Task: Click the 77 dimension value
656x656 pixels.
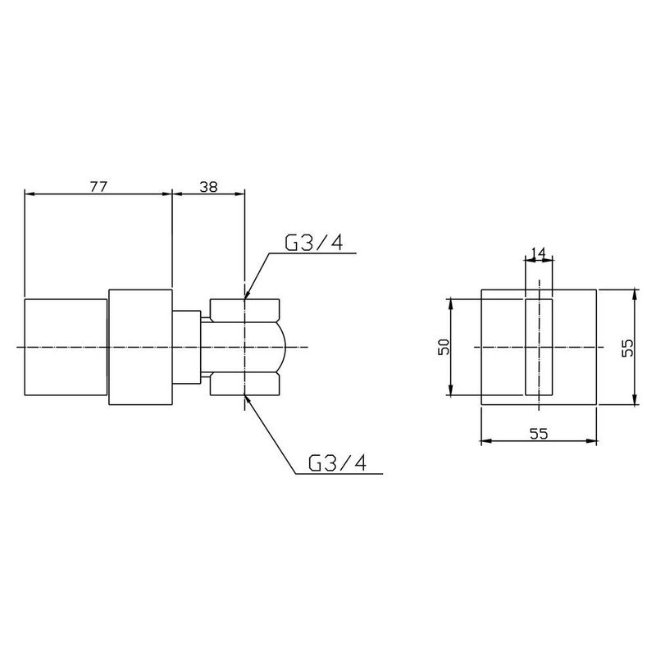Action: click(x=98, y=186)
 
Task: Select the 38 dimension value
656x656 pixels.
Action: click(x=208, y=186)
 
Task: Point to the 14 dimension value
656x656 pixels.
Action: click(x=538, y=253)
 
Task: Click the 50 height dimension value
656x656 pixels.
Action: click(x=444, y=347)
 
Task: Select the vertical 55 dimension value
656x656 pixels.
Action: click(x=627, y=347)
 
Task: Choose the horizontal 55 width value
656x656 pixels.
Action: click(x=538, y=435)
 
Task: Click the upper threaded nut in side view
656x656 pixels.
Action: click(x=245, y=309)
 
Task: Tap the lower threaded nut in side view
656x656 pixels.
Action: click(x=245, y=385)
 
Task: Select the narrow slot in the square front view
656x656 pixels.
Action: click(x=538, y=347)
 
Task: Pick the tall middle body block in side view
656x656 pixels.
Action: click(x=140, y=347)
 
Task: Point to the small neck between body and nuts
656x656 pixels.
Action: click(x=187, y=347)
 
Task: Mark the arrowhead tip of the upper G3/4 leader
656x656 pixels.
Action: click(x=245, y=297)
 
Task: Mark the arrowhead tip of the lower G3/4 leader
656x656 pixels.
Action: click(x=246, y=397)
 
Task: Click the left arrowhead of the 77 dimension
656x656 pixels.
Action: click(x=28, y=194)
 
